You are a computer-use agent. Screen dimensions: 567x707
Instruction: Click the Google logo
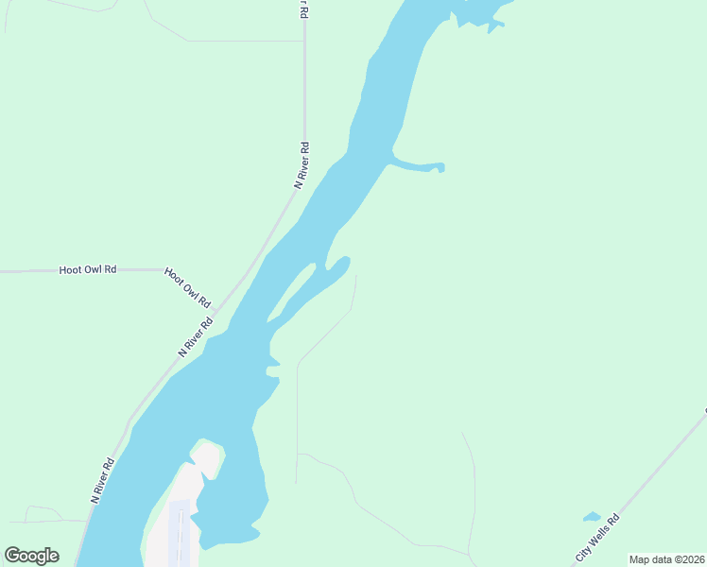(31, 555)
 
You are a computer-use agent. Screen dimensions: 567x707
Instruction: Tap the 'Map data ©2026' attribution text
(666, 559)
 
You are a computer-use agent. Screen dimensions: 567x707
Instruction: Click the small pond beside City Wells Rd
(592, 517)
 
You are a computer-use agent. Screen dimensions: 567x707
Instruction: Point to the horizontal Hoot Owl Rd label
(87, 269)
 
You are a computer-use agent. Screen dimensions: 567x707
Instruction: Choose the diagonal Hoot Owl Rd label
(187, 286)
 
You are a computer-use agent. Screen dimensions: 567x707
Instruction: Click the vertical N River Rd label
(302, 165)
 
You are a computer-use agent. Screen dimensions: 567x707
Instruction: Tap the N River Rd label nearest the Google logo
(102, 479)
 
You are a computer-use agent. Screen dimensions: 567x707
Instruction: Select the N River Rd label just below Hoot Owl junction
(196, 336)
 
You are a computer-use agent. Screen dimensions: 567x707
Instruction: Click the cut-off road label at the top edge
(304, 9)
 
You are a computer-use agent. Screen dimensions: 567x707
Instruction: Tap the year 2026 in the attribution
(693, 559)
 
